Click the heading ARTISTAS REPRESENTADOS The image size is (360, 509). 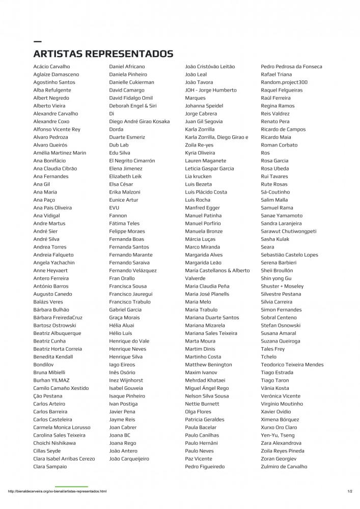pyautogui.click(x=103, y=53)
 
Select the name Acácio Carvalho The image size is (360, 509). pyautogui.click(x=51, y=67)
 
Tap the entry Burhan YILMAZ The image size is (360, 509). pyautogui.click(x=51, y=380)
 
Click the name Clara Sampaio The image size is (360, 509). pyautogui.click(x=50, y=466)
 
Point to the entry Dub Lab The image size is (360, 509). pyautogui.click(x=119, y=145)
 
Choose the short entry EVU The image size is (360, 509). pyautogui.click(x=114, y=208)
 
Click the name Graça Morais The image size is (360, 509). pyautogui.click(x=124, y=318)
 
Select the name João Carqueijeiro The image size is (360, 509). pyautogui.click(x=129, y=459)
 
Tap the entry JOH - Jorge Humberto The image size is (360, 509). pyautogui.click(x=211, y=90)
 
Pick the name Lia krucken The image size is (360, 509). pyautogui.click(x=198, y=176)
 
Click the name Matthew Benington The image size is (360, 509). pyautogui.click(x=208, y=364)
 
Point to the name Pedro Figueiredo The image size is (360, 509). pyautogui.click(x=204, y=466)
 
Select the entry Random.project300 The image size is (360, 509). pyautogui.click(x=284, y=82)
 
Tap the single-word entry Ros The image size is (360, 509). pyautogui.click(x=265, y=153)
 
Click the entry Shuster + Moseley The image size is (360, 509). pyautogui.click(x=282, y=286)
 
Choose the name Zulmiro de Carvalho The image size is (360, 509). pyautogui.click(x=284, y=466)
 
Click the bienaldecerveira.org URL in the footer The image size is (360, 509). pyautogui.click(x=57, y=491)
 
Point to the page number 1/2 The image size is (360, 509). pyautogui.click(x=350, y=491)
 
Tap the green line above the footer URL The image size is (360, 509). pyautogui.click(x=71, y=487)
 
